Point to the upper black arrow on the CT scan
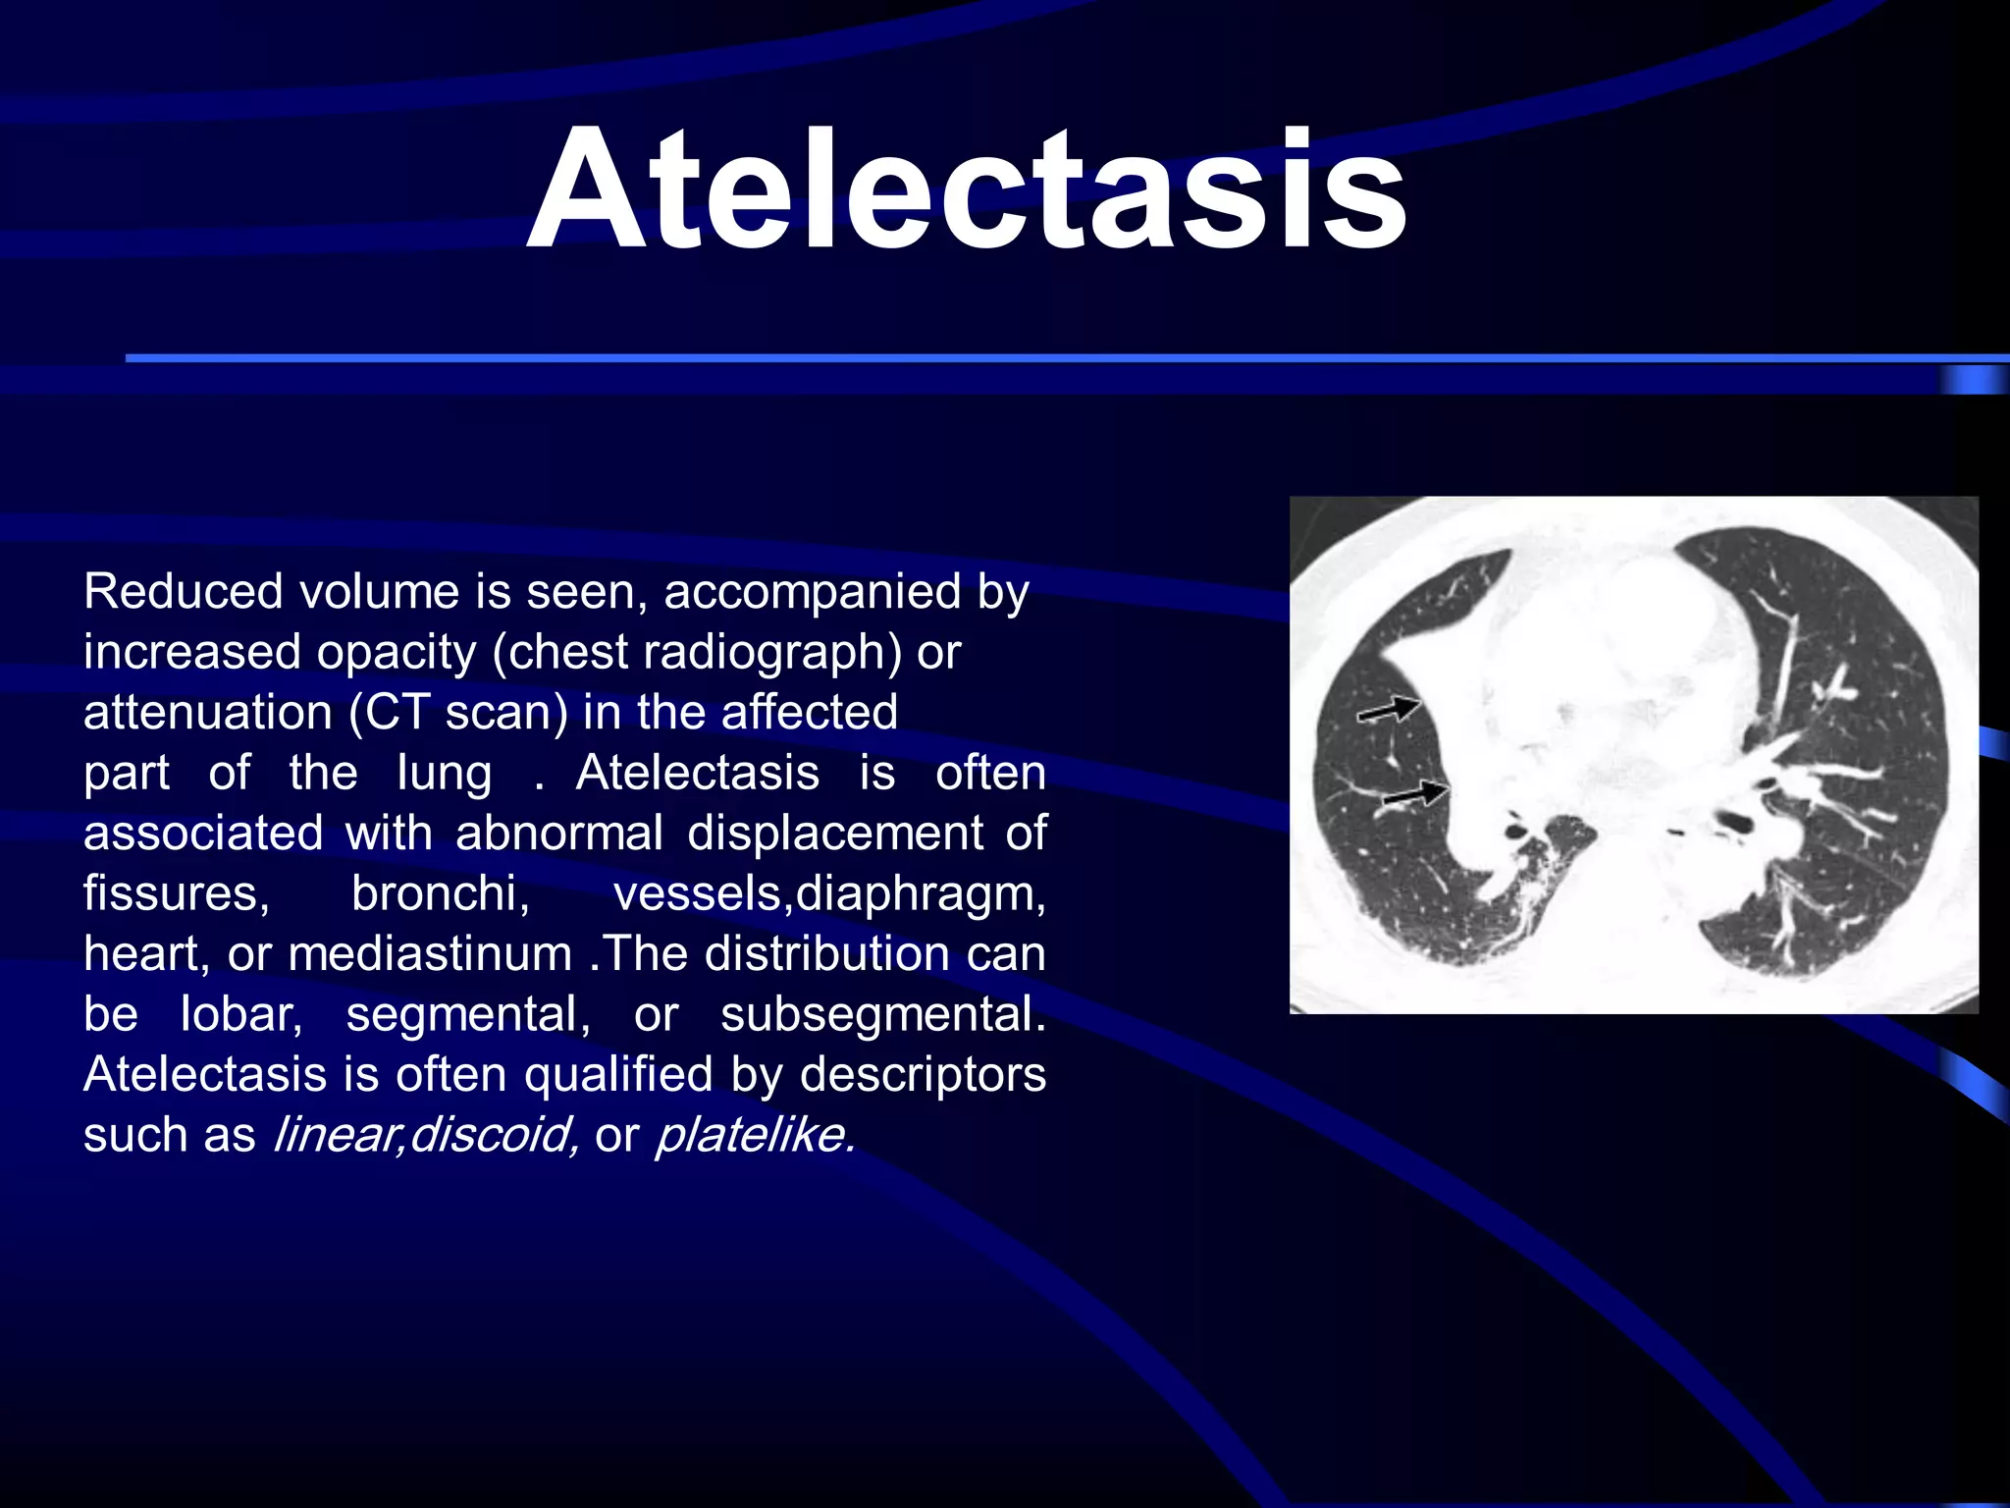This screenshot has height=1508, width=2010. pos(1389,708)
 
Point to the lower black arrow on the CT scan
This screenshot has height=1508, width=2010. pos(1415,793)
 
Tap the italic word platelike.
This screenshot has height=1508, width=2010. pos(755,1135)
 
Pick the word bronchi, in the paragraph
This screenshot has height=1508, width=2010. pos(441,893)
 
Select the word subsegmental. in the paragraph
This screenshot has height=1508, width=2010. pos(882,1014)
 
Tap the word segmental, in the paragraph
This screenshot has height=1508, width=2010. pos(467,1014)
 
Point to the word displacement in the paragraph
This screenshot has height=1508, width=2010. pos(834,834)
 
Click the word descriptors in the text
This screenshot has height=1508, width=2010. pos(923,1075)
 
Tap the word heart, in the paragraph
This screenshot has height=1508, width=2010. pos(146,954)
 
